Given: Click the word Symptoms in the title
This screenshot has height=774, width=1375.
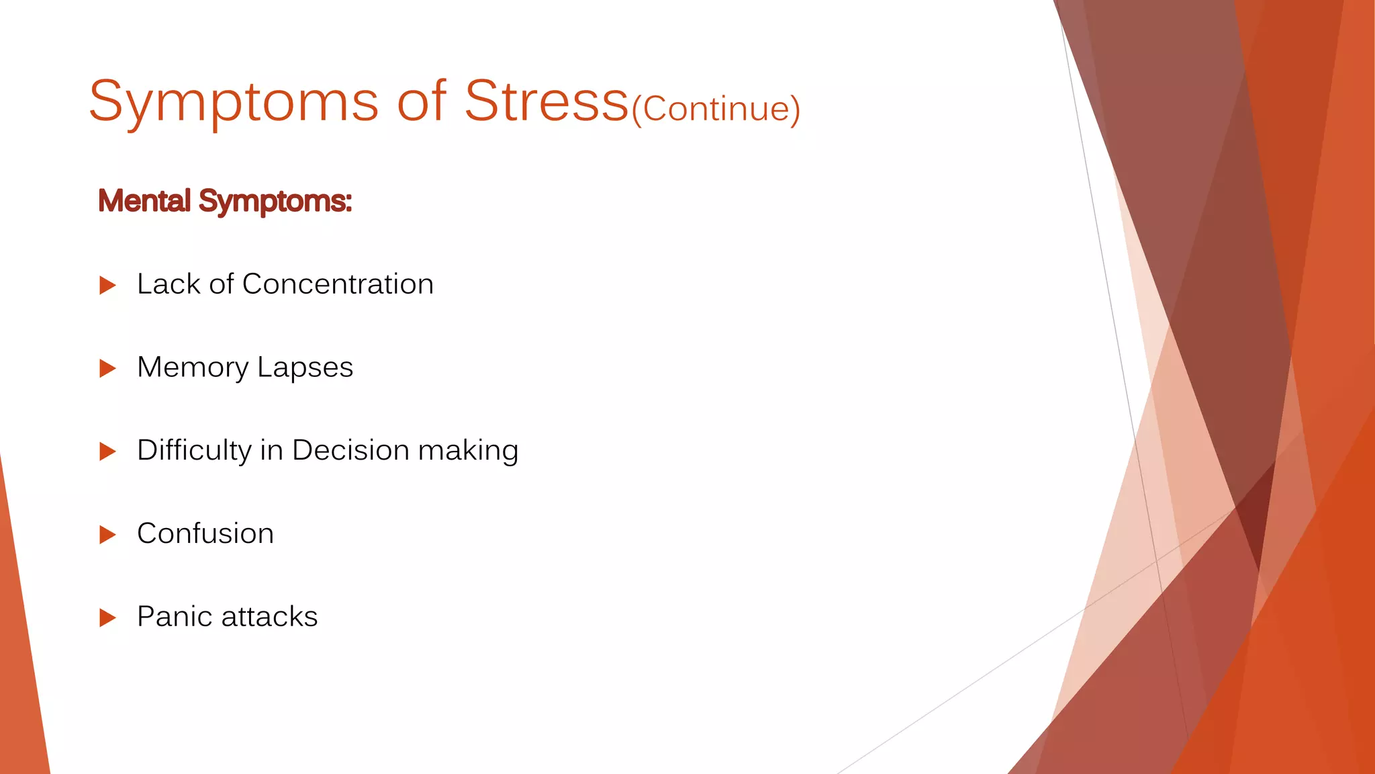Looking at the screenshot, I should click(234, 102).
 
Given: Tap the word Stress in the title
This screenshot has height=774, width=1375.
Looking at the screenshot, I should click(547, 102).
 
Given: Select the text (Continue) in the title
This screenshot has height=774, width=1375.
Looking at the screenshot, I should click(716, 109).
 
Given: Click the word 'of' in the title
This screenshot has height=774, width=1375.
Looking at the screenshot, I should click(421, 102).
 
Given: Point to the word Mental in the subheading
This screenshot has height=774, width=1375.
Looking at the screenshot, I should click(144, 201).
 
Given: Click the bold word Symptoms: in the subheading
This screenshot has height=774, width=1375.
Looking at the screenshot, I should click(275, 202).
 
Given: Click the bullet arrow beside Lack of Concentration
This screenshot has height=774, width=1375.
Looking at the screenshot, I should click(107, 286).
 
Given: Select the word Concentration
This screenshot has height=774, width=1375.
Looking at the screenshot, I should click(338, 284).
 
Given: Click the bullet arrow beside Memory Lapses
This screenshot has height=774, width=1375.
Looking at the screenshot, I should click(107, 368).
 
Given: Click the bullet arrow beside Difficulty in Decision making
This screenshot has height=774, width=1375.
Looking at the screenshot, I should click(107, 451).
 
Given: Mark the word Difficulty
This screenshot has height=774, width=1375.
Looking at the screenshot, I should click(194, 451).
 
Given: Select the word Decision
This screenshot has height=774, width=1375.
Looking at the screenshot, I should click(350, 450).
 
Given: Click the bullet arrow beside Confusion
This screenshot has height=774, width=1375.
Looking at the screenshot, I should click(107, 535).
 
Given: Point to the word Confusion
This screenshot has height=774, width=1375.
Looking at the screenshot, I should click(205, 533).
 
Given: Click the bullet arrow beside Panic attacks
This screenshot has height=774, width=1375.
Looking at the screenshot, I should click(107, 617).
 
